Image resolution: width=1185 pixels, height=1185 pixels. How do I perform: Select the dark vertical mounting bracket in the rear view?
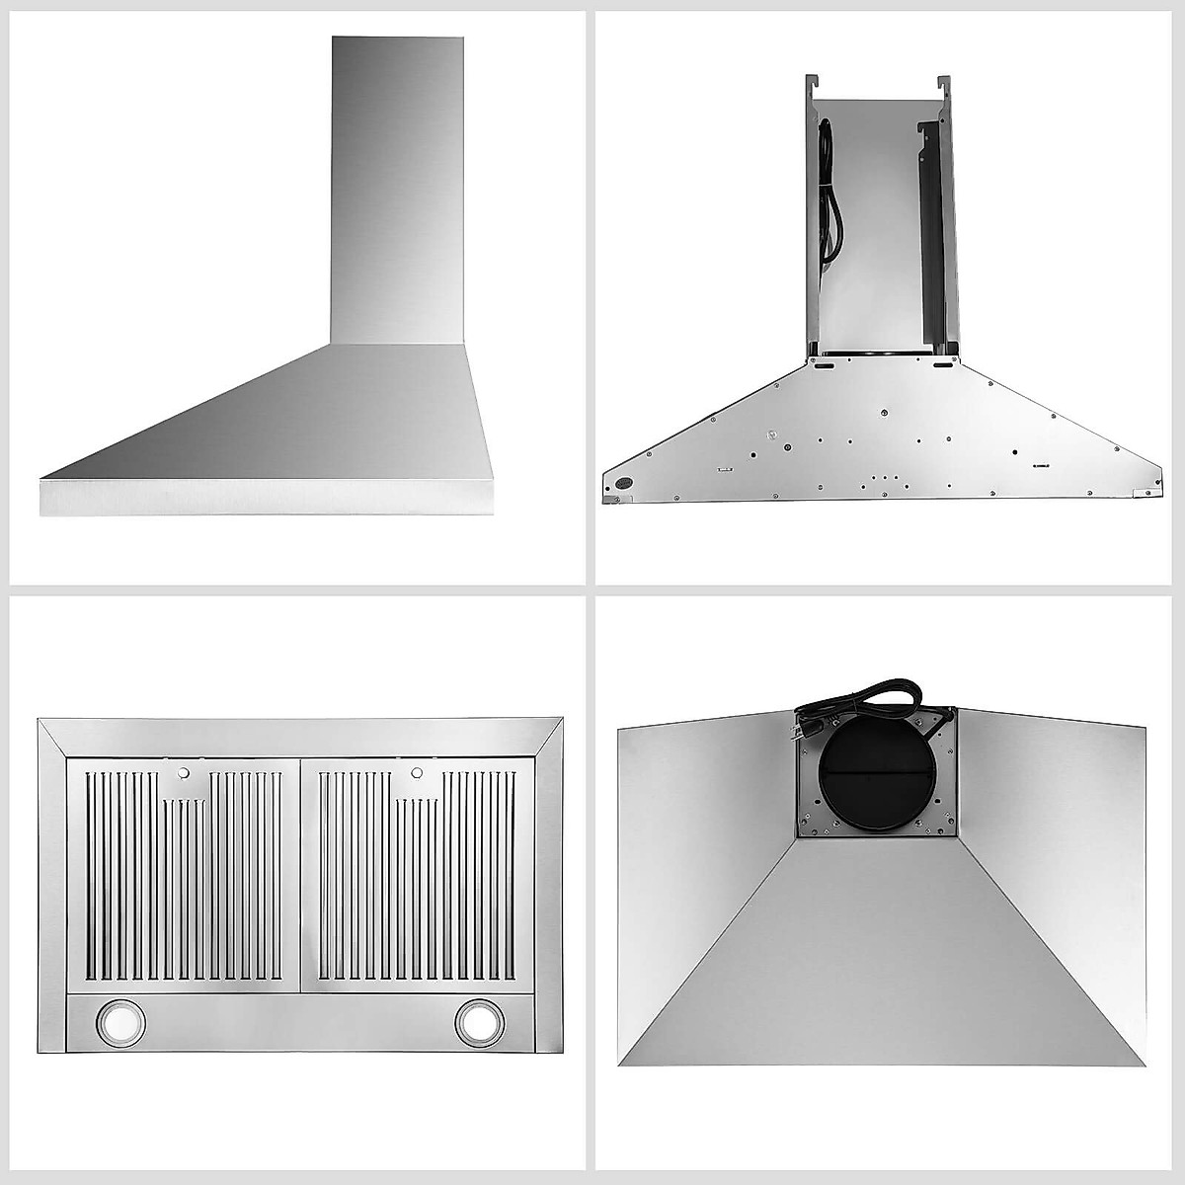tap(931, 237)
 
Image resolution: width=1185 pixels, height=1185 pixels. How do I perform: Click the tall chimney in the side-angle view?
tap(397, 188)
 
